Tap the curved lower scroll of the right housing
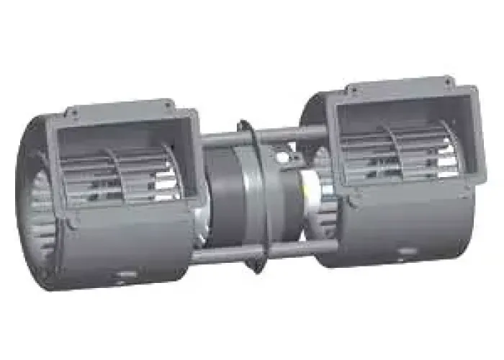(403, 223)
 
